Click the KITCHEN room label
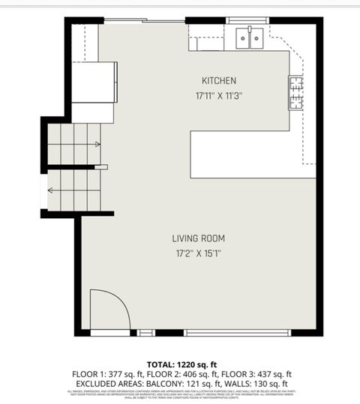[x=219, y=81]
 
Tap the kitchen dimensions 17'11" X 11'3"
[x=219, y=95]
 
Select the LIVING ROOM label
[x=198, y=238]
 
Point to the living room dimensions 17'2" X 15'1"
[x=198, y=253]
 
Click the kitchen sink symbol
[x=250, y=37]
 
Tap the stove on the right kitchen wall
[x=296, y=92]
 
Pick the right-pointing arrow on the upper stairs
[x=97, y=144]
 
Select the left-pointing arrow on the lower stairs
[x=50, y=190]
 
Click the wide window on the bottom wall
[x=237, y=332]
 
